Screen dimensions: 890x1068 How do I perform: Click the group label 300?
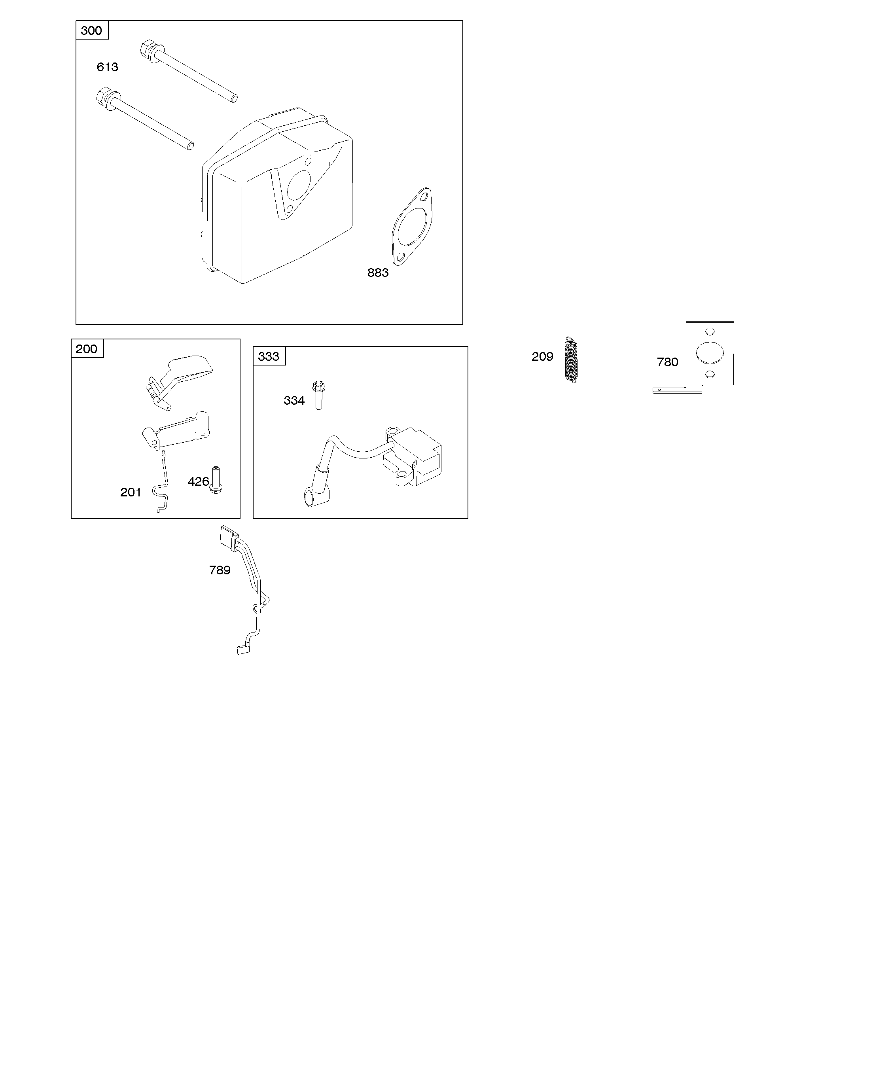point(91,30)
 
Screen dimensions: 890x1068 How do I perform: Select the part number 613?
point(107,67)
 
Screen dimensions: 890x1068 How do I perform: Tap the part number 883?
point(378,273)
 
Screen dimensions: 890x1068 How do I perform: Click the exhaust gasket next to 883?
point(413,226)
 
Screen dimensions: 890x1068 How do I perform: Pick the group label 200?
point(87,349)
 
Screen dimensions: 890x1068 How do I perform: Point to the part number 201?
point(131,492)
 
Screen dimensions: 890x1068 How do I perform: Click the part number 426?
point(198,482)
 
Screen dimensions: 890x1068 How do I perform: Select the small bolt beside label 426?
point(216,481)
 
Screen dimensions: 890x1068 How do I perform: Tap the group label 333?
point(269,356)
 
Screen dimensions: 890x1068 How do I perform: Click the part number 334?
point(294,401)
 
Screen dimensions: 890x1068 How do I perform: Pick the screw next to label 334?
point(319,395)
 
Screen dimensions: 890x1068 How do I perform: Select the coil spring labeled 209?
point(572,360)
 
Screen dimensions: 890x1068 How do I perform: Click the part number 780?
point(667,362)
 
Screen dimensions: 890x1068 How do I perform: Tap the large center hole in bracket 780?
point(710,352)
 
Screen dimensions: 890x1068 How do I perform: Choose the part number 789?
point(220,570)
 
